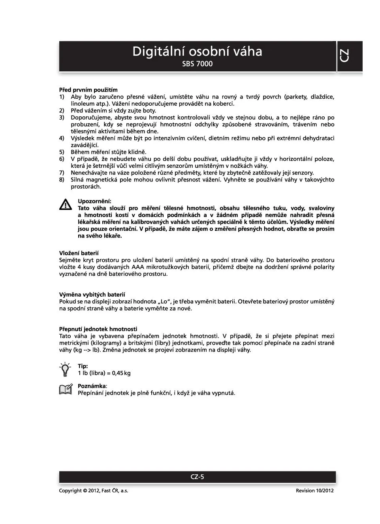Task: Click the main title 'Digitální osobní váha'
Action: (197, 52)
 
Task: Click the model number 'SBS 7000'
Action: (197, 64)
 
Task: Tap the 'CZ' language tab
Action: (344, 56)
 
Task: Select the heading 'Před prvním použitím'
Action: (88, 90)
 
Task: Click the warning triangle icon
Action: (65, 204)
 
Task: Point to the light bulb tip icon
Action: (65, 370)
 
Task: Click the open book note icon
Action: (66, 389)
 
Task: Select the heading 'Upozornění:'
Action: (94, 201)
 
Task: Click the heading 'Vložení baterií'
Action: (79, 253)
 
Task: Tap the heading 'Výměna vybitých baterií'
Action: (92, 295)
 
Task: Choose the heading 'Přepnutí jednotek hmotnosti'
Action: (98, 329)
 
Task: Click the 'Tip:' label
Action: (83, 366)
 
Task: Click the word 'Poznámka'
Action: (92, 386)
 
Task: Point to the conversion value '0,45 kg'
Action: (121, 373)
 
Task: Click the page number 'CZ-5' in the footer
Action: (197, 477)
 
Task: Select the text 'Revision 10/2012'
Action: (314, 490)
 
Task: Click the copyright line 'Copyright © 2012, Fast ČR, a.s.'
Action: (94, 490)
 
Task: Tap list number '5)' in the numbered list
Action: (62, 152)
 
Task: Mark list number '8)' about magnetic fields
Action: (62, 180)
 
